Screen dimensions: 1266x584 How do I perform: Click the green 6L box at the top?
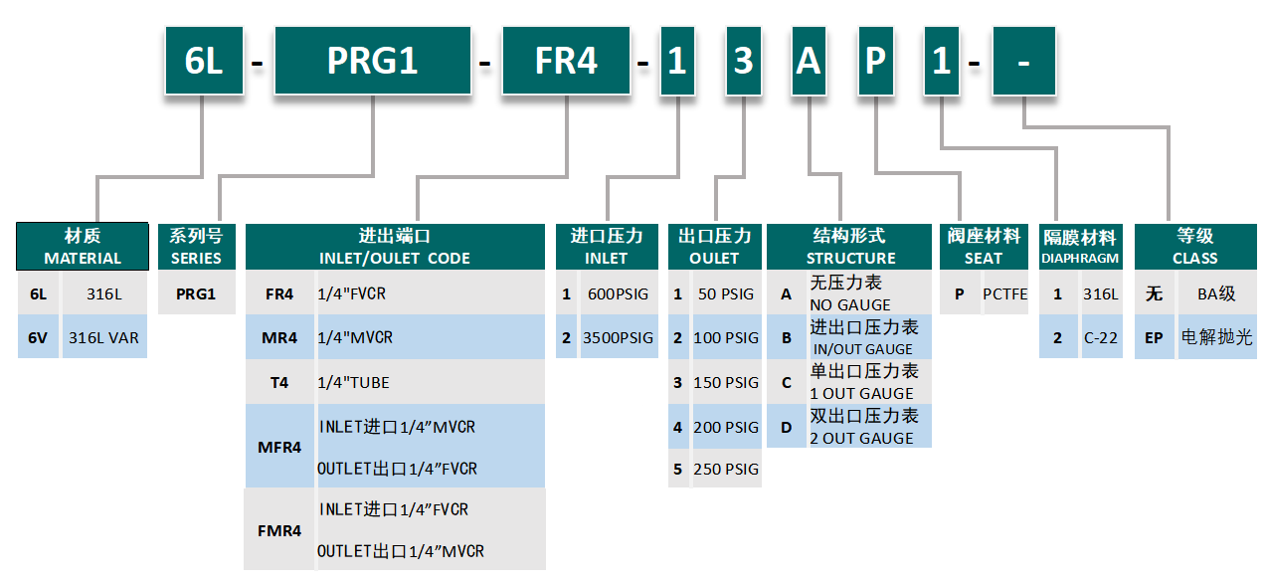[x=204, y=61]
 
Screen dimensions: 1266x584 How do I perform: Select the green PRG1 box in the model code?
[x=373, y=61]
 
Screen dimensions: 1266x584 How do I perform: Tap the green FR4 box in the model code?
[x=566, y=61]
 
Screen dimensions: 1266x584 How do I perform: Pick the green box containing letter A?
[x=809, y=61]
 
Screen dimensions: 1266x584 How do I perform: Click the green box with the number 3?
[x=743, y=61]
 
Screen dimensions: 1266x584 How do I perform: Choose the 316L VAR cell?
[x=104, y=337]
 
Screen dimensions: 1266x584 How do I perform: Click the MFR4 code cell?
[x=279, y=447]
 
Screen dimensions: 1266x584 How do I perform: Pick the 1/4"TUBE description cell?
[x=431, y=382]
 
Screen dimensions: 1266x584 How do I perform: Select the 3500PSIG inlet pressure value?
[x=619, y=337]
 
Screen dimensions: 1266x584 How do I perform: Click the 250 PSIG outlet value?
[x=726, y=469]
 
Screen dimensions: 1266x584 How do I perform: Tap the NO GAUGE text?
[x=850, y=304]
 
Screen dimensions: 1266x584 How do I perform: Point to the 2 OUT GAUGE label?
[x=861, y=438]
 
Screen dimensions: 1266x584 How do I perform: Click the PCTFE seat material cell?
[x=1005, y=293]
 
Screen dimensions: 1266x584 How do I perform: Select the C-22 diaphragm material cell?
[x=1101, y=337]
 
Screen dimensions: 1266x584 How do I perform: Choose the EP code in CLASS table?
[x=1154, y=337]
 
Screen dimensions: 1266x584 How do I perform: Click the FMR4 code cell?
[x=279, y=530]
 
